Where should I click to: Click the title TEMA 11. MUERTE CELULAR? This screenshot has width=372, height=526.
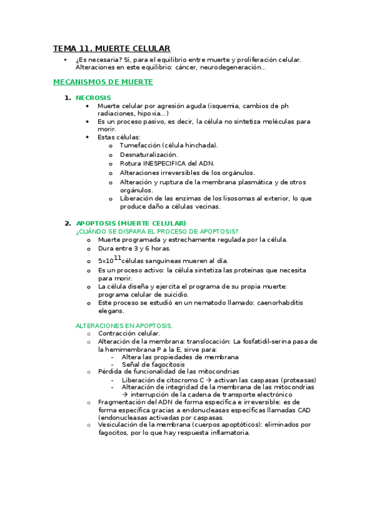tap(112, 48)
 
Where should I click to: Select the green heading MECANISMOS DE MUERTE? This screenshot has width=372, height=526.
tap(103, 82)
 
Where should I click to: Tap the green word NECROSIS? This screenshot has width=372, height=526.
tap(93, 97)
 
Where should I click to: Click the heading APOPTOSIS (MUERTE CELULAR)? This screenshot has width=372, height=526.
tap(131, 223)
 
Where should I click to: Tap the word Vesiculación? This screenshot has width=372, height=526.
tap(119, 425)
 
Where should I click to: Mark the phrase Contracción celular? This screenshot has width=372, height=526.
tap(129, 333)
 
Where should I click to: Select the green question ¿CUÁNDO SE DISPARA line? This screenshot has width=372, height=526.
tap(157, 231)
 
